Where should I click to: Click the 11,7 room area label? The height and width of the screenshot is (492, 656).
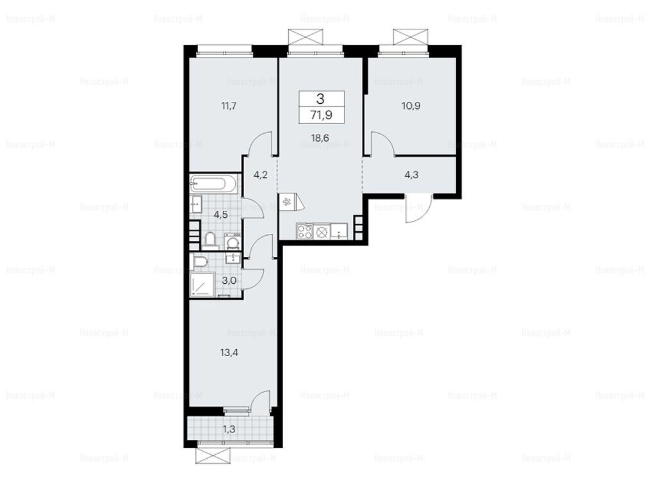229,106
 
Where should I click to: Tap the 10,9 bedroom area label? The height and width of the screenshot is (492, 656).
411,106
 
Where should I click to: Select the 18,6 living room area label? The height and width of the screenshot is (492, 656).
320,137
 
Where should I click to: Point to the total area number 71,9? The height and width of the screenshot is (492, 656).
322,115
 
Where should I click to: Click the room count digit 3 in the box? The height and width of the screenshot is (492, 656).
321,99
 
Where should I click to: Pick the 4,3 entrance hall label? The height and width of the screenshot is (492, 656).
412,174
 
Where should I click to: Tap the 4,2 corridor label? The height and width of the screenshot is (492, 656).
260,175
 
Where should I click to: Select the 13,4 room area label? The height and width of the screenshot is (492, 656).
229,353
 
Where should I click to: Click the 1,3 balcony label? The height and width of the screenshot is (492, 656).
229,429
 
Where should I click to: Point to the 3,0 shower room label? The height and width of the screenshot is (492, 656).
229,281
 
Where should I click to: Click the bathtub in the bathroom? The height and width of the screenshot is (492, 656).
214,184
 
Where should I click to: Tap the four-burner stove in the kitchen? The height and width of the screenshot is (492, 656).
304,232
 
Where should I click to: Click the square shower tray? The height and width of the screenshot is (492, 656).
202,285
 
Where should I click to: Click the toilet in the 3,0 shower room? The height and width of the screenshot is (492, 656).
200,262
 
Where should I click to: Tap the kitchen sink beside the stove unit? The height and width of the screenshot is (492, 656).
338,232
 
